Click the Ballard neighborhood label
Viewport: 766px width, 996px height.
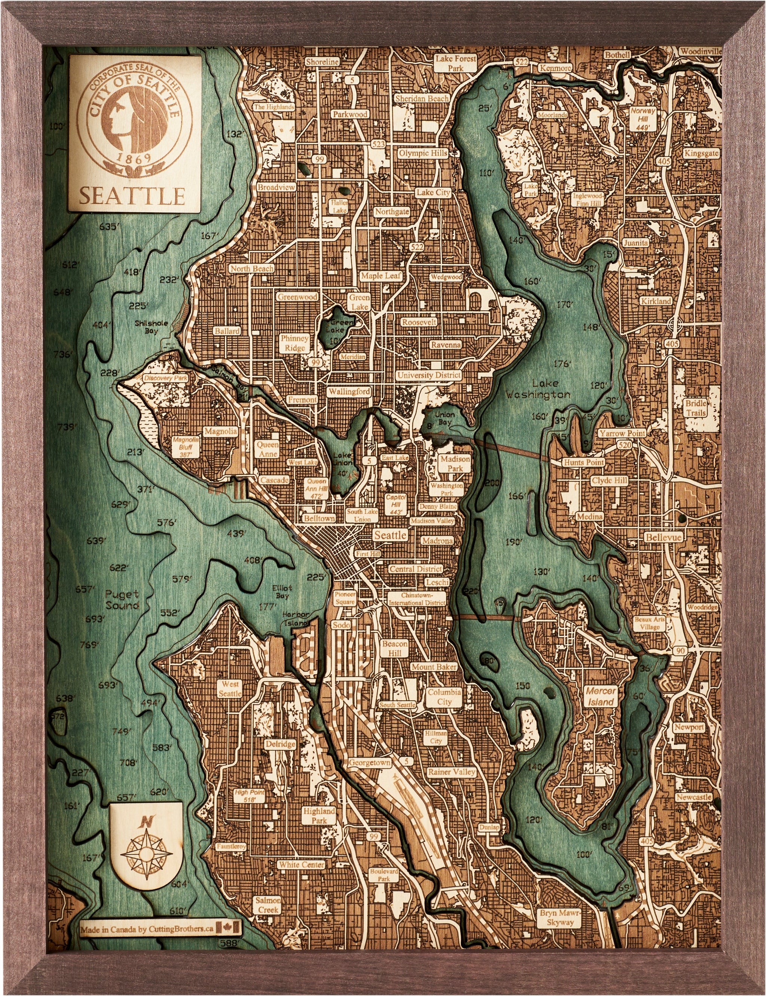(227, 331)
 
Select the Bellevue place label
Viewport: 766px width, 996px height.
(664, 537)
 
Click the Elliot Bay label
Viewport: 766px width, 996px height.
(282, 592)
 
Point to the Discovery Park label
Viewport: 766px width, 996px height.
(165, 378)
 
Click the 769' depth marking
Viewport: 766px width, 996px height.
(89, 645)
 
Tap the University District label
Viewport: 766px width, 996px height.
(429, 375)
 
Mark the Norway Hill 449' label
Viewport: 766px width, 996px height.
(643, 118)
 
